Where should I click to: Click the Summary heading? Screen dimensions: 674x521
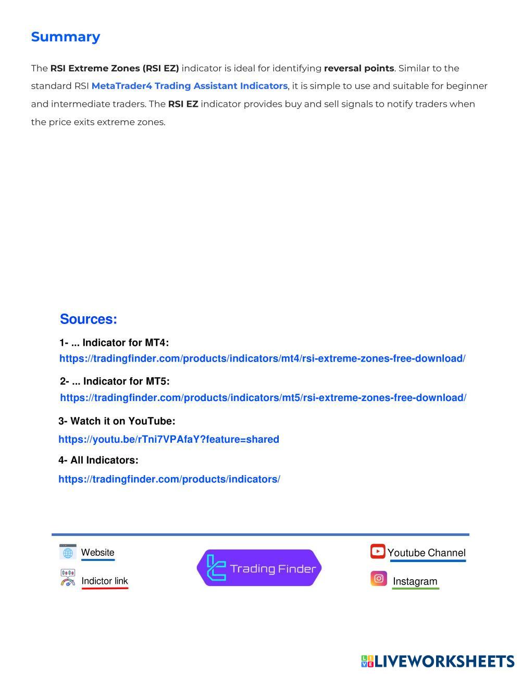(x=66, y=37)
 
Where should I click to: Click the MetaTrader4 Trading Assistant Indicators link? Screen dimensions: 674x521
(x=189, y=86)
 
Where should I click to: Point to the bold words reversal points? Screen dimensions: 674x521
(x=358, y=68)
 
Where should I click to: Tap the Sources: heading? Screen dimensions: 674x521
(x=89, y=319)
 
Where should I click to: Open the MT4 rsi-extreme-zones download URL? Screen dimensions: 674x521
(x=262, y=359)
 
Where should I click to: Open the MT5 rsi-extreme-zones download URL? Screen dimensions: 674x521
(x=263, y=398)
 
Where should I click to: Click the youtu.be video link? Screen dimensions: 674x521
(x=169, y=440)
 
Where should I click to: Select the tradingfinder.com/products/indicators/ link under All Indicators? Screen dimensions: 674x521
(x=169, y=479)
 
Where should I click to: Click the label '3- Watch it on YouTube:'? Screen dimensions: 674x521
(x=117, y=421)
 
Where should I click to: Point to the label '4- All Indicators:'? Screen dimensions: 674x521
(x=98, y=460)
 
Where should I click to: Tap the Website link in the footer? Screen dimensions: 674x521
(x=97, y=553)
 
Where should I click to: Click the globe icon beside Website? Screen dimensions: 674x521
(x=68, y=552)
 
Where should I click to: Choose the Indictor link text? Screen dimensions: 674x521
(x=104, y=581)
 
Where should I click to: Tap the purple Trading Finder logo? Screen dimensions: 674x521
(x=259, y=568)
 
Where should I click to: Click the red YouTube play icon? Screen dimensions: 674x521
(x=378, y=551)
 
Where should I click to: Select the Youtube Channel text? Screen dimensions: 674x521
(x=426, y=553)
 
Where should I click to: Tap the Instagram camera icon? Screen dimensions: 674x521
(x=379, y=579)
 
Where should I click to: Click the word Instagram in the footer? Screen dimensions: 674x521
(x=415, y=582)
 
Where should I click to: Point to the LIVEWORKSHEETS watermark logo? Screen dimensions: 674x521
(x=438, y=661)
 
